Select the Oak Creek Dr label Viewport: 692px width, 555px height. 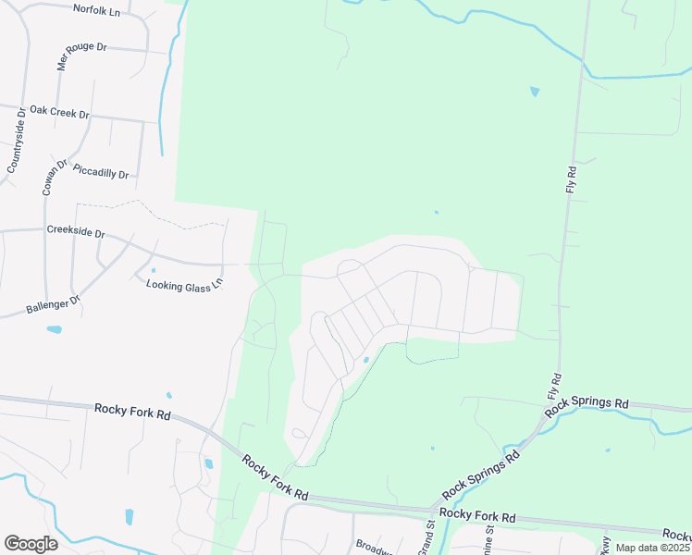[59, 112]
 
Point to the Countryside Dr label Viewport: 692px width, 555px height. [17, 140]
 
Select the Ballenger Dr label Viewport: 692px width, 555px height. [54, 301]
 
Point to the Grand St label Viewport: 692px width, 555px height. [429, 537]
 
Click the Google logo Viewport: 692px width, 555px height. [31, 543]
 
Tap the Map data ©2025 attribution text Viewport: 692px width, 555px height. [653, 548]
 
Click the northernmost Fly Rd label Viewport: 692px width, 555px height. [571, 179]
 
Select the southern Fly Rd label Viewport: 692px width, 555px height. [557, 384]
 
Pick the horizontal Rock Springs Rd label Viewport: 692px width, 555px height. [587, 404]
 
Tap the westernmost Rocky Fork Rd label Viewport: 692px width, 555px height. [132, 412]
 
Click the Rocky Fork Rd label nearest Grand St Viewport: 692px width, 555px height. [477, 514]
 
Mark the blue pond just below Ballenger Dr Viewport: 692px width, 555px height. [55, 329]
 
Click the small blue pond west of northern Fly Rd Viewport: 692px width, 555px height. [534, 92]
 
